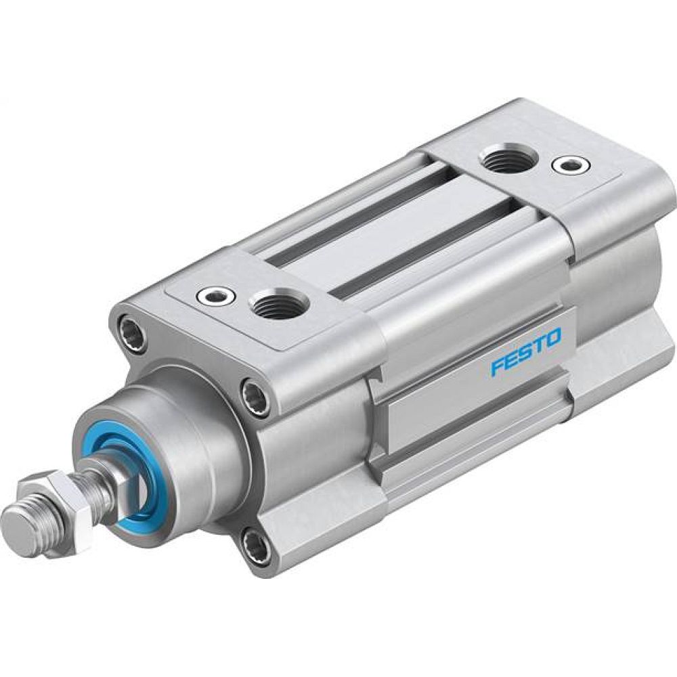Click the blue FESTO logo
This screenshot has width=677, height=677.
click(526, 351)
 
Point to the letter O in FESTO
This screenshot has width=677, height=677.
click(553, 336)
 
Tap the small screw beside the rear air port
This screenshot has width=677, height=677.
click(567, 164)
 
